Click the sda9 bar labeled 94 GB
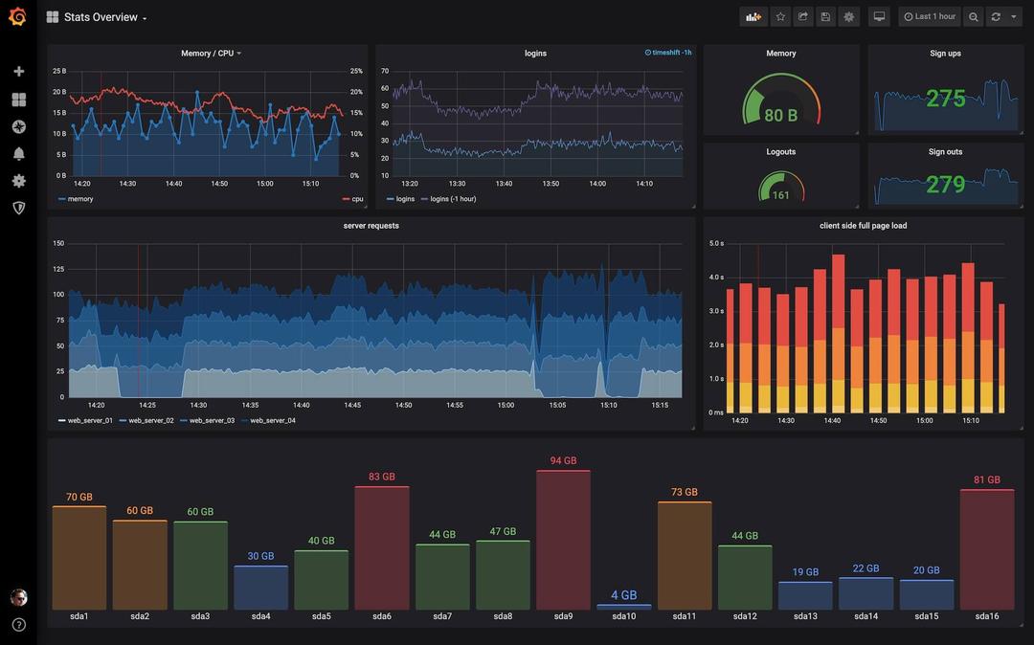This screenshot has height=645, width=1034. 563,541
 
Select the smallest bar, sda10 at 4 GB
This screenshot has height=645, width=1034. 623,607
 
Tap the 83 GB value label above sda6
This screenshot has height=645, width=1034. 381,477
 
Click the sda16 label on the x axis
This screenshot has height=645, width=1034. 986,616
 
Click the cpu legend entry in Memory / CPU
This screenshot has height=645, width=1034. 357,199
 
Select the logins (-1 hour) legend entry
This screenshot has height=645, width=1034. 453,199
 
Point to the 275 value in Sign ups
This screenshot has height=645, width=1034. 945,99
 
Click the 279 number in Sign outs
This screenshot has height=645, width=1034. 945,184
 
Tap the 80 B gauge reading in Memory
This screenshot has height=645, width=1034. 780,116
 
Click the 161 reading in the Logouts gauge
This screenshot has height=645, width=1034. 780,195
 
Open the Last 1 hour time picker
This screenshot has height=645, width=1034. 929,16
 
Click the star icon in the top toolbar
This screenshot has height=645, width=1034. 780,16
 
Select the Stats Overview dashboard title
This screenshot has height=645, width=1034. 101,17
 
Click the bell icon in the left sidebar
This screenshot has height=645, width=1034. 18,153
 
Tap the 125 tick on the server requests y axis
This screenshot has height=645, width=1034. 58,269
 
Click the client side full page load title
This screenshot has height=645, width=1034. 863,226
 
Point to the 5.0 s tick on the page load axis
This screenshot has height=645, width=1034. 716,243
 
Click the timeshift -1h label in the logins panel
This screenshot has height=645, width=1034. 670,53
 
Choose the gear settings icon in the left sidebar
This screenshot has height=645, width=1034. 18,180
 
